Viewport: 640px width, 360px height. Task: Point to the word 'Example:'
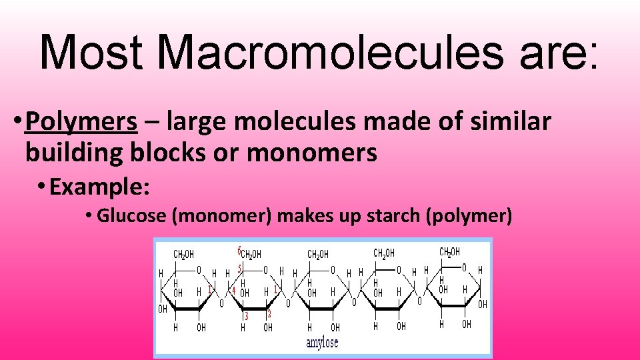coord(99,187)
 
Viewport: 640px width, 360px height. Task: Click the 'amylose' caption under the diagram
coord(322,343)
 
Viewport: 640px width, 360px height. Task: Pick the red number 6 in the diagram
coord(239,251)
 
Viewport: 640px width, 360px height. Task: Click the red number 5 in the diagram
coord(240,269)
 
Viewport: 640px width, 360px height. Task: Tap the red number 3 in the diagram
coord(246,315)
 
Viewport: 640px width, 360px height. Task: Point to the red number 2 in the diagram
coord(269,313)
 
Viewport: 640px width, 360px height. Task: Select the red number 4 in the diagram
coord(233,291)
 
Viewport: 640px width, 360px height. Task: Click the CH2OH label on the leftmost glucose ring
coord(183,254)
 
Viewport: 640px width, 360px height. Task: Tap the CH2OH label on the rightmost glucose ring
coord(449,252)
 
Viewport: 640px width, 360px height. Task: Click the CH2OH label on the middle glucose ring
coord(317,254)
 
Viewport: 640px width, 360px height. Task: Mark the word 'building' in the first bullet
coord(73,153)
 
